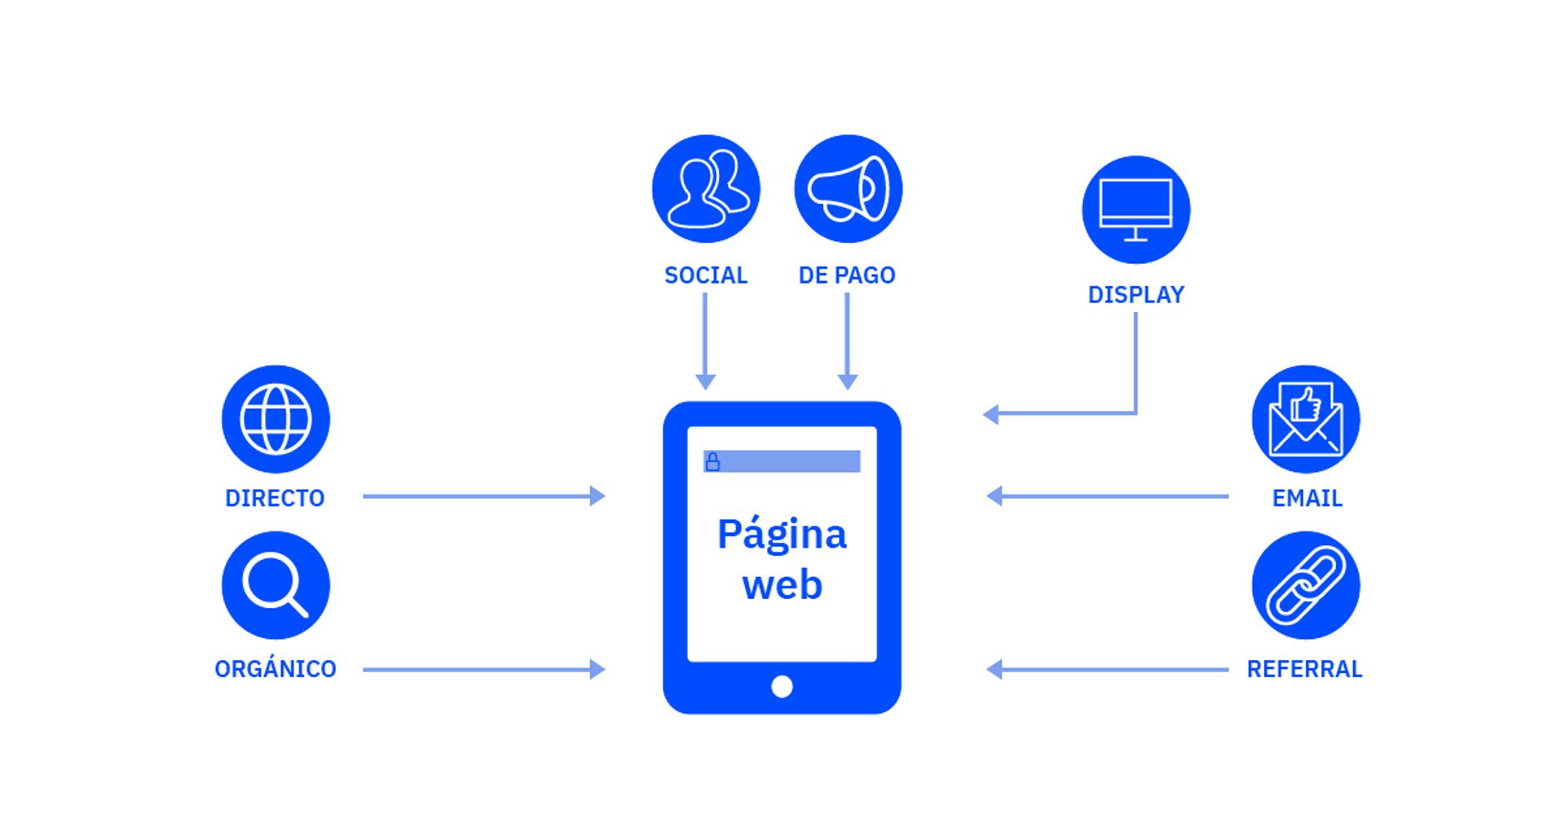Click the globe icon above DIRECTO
276,419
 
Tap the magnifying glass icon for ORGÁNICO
276,585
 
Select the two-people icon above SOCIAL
706,189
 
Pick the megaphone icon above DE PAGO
848,189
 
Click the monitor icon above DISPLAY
1135,209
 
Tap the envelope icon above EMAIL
1305,419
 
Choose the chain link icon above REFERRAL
1305,585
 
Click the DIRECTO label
275,498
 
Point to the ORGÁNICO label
276,669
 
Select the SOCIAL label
706,275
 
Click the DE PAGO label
847,275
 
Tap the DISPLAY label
1135,295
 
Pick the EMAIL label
1307,498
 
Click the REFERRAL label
1304,669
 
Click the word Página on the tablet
782,535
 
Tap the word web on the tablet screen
782,585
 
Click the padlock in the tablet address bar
712,462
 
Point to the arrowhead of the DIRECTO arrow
597,495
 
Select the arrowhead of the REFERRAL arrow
994,669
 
